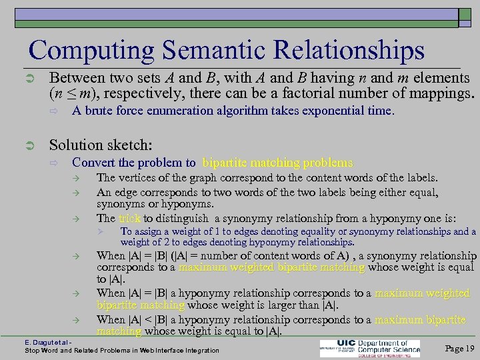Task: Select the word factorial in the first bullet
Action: point(313,92)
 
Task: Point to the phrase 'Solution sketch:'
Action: point(101,145)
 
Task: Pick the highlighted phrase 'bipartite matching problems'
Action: point(277,163)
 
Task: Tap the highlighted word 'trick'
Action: point(131,218)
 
